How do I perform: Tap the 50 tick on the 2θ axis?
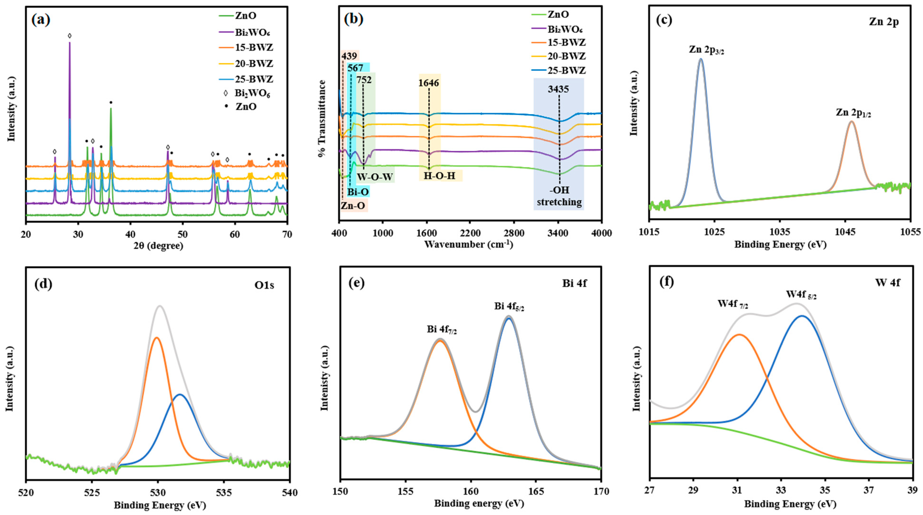(183, 234)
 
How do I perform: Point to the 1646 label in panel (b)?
(429, 83)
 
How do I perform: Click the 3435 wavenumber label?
(558, 89)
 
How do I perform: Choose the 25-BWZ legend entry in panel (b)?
(567, 70)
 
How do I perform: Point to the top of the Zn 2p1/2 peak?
(851, 122)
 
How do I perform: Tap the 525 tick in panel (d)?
(92, 493)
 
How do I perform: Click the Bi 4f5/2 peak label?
(509, 307)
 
